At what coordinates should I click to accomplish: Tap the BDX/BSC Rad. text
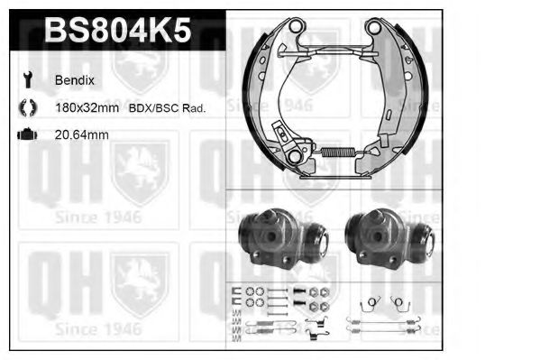[x=168, y=107]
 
